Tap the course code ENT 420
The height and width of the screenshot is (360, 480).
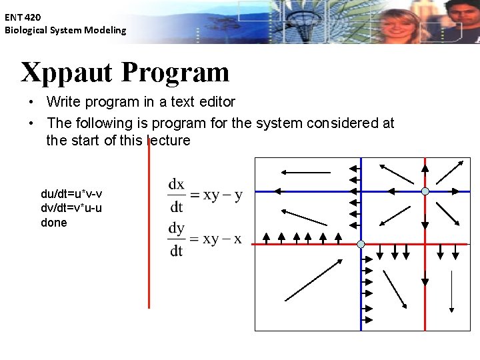click(23, 17)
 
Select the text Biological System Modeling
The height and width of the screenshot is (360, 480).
click(65, 30)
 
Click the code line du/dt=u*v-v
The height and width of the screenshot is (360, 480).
click(71, 194)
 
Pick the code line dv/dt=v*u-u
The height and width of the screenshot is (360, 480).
click(71, 208)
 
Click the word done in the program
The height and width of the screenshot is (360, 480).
click(54, 223)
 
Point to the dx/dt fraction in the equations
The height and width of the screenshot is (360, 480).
click(177, 194)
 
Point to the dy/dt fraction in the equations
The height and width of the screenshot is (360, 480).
click(177, 239)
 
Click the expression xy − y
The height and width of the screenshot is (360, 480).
click(223, 195)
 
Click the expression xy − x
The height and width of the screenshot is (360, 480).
click(223, 239)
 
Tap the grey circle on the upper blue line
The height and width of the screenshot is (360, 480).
click(425, 191)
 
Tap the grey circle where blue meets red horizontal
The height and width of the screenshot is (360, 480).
click(361, 245)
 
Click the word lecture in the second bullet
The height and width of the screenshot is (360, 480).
click(169, 141)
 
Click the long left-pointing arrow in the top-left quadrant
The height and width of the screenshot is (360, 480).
click(305, 173)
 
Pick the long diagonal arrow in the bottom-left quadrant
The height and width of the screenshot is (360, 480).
click(314, 280)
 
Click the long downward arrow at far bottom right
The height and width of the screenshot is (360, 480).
click(452, 291)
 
